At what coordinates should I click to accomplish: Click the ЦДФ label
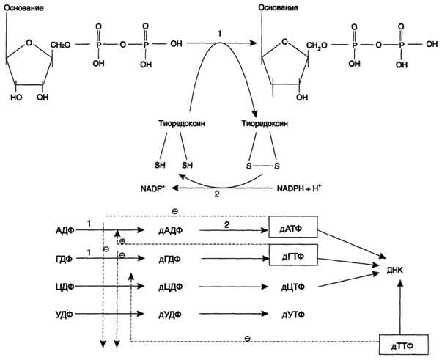[66, 286]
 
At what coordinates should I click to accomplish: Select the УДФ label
[66, 314]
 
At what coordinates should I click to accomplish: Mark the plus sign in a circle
[121, 240]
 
